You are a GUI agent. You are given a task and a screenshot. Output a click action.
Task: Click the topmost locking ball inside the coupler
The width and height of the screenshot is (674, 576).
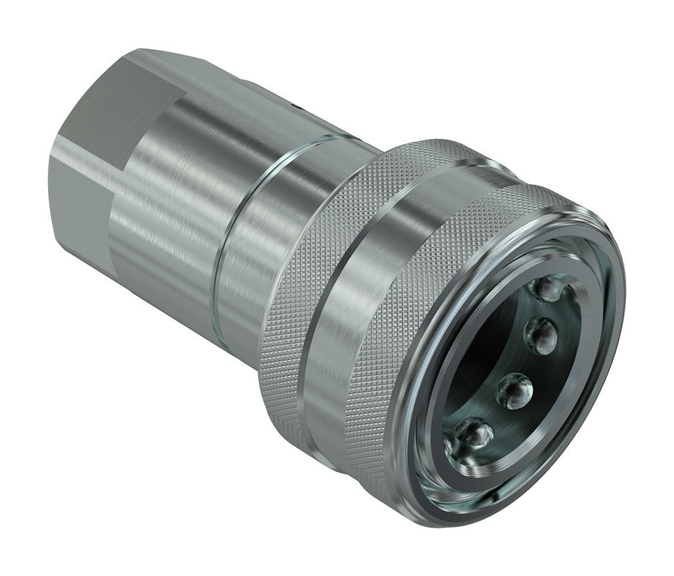point(548,289)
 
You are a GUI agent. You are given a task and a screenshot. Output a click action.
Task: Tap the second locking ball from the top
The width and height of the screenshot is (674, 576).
point(542,335)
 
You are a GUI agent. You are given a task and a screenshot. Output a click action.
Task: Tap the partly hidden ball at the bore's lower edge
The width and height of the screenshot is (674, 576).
point(450,449)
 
